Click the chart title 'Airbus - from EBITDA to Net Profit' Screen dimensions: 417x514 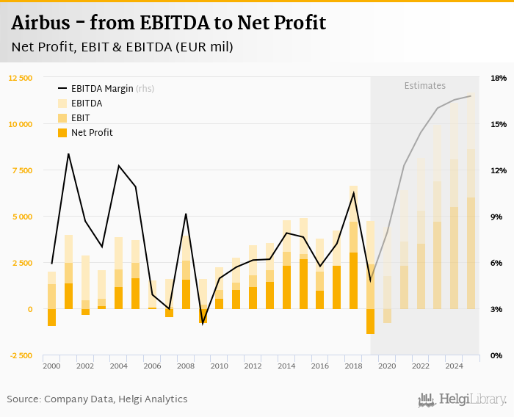pyautogui.click(x=168, y=23)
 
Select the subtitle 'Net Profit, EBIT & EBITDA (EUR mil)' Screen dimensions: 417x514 pyautogui.click(x=123, y=47)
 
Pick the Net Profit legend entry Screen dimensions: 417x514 pyautogui.click(x=92, y=133)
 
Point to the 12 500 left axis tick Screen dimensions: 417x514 pyautogui.click(x=21, y=78)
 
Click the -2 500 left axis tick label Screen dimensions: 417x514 pyautogui.click(x=21, y=355)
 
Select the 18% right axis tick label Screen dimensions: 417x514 pyautogui.click(x=499, y=78)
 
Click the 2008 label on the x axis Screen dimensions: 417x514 pyautogui.click(x=185, y=366)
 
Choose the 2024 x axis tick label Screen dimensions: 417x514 pyautogui.click(x=454, y=366)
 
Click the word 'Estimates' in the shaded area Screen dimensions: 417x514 pyautogui.click(x=425, y=86)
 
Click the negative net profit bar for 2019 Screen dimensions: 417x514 pyautogui.click(x=370, y=322)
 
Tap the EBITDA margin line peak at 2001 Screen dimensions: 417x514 pyautogui.click(x=68, y=154)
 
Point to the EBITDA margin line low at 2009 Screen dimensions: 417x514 pyautogui.click(x=203, y=322)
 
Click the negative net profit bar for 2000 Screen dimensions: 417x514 pyautogui.click(x=51, y=317)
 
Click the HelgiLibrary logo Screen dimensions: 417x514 pyautogui.click(x=463, y=399)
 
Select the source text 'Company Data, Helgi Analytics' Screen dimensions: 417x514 pyautogui.click(x=115, y=399)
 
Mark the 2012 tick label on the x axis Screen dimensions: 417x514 pyautogui.click(x=253, y=366)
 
